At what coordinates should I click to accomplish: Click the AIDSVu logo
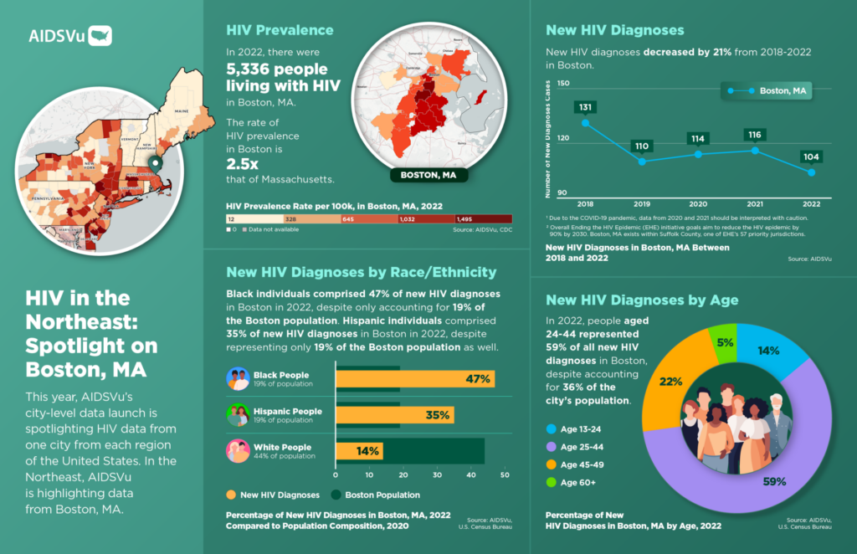click(70, 36)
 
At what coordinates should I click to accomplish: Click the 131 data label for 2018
click(585, 107)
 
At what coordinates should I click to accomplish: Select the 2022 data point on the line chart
click(811, 172)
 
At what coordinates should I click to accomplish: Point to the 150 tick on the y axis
click(562, 84)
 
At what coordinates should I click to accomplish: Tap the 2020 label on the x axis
click(697, 203)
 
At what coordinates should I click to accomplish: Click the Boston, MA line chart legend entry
click(766, 90)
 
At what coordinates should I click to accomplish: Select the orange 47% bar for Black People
click(414, 378)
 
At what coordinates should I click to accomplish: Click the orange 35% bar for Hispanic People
click(394, 414)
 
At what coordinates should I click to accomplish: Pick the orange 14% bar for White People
click(359, 452)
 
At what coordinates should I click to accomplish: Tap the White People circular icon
click(239, 452)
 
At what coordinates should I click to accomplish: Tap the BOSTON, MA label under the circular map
click(428, 176)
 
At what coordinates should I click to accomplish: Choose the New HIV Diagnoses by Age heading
click(642, 300)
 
